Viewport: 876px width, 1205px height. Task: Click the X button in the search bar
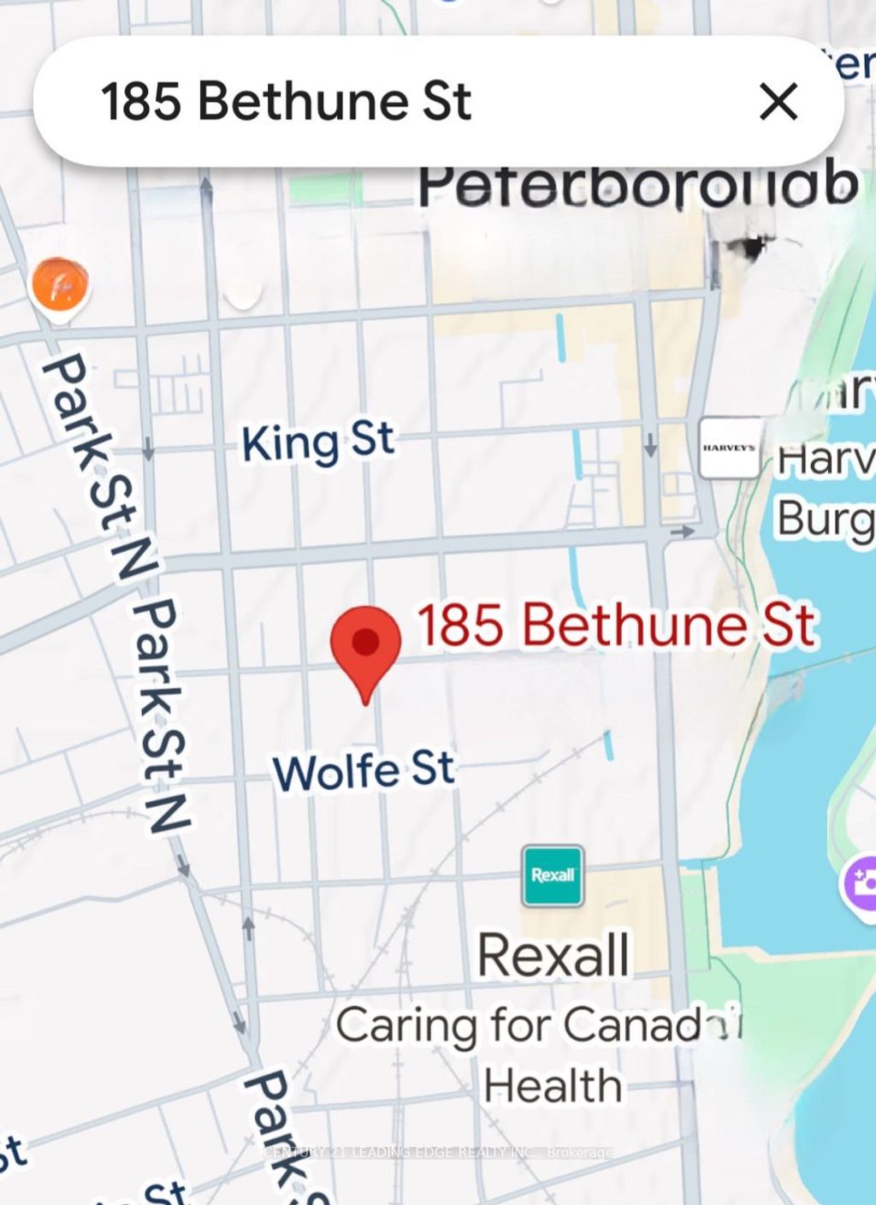[778, 102]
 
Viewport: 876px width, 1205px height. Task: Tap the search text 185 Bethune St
[286, 102]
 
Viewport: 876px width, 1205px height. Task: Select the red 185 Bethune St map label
[616, 625]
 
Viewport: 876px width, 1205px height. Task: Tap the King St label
[317, 442]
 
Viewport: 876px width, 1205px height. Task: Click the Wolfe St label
[364, 770]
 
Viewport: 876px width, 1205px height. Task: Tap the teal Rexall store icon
[553, 876]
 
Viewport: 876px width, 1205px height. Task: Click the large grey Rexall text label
[553, 954]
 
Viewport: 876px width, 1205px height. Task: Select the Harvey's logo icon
[729, 448]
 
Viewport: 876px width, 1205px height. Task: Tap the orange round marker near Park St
[59, 285]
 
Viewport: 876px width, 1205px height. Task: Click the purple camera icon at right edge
[861, 883]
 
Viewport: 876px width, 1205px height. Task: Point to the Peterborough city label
[637, 184]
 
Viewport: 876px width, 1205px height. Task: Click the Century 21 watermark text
[438, 1152]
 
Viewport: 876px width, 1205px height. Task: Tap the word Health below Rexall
[553, 1085]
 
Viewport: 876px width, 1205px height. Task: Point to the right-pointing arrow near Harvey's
[683, 531]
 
